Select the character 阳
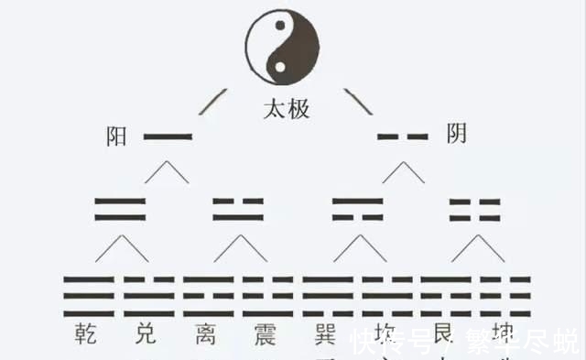(x=116, y=136)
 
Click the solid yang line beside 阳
(x=168, y=137)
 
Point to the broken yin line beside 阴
(x=403, y=137)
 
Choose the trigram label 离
(x=209, y=333)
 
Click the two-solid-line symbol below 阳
(x=121, y=209)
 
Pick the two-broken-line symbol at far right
(x=475, y=209)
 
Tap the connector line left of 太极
(x=216, y=98)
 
